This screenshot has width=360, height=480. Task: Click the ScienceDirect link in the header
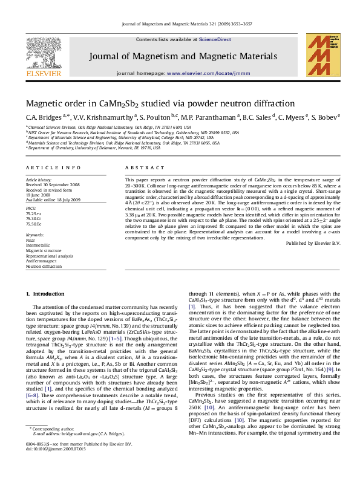215,39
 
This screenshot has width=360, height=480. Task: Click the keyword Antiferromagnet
42,261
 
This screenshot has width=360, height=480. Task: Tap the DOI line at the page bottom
53,466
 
